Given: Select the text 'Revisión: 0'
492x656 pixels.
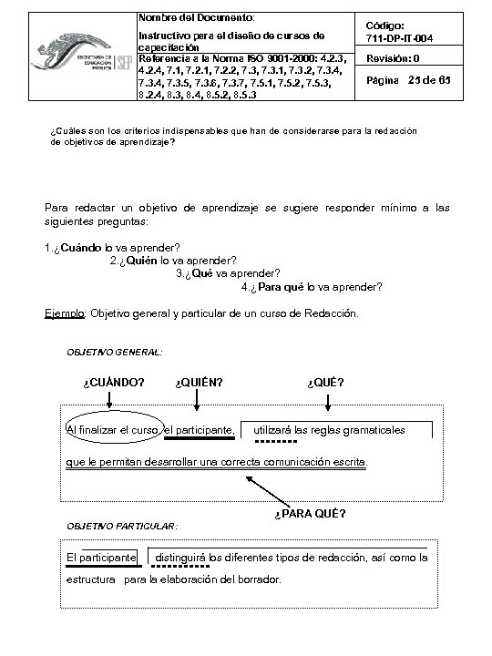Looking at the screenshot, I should pos(393,59).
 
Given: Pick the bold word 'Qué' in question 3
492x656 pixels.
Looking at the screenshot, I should pos(203,272).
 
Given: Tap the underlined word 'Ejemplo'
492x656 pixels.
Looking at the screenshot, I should pos(65,313).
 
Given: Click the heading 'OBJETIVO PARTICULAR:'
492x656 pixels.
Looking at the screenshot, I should pos(123,526).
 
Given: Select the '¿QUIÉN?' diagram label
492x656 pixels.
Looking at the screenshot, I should pos(200,381).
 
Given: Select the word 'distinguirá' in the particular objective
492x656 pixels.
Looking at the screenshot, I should pos(182,557).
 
